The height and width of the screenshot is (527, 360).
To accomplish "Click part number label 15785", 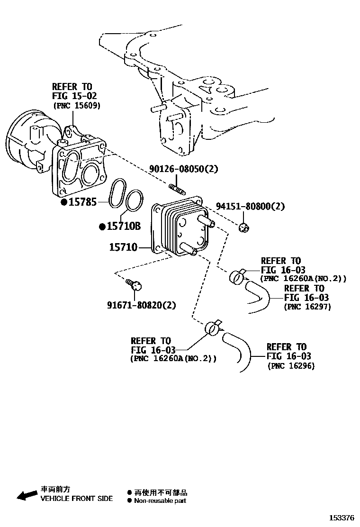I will (x=83, y=202).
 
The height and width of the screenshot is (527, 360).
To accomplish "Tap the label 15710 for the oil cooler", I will (x=123, y=247).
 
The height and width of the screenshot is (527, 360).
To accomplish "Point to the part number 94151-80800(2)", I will (x=251, y=206).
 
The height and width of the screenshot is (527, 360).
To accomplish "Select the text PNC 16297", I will (x=307, y=307).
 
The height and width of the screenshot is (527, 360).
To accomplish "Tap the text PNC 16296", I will (x=291, y=366).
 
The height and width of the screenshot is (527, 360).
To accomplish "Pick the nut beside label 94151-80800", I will (x=243, y=228).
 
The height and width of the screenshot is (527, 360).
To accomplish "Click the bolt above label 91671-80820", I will (x=135, y=285).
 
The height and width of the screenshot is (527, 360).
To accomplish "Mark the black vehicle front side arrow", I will (x=27, y=494).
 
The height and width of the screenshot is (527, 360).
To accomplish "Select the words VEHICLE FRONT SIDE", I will (x=77, y=499).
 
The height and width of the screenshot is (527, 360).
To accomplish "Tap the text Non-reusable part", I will (x=160, y=500).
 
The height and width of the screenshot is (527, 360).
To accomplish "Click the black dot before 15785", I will (x=63, y=202).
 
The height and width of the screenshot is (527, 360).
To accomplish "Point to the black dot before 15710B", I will (x=102, y=227).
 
